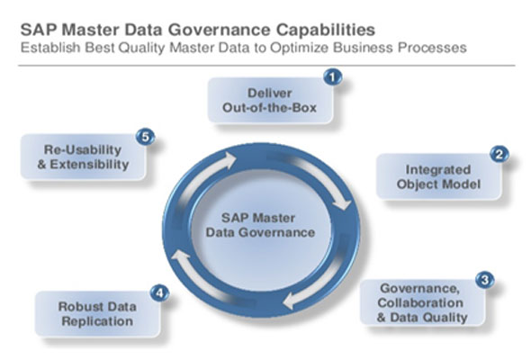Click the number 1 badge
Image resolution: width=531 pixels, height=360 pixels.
(x=333, y=77)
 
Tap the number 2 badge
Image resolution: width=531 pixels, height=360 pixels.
(x=499, y=154)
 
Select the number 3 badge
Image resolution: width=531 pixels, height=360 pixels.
(x=484, y=280)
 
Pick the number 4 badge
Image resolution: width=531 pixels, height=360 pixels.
(x=159, y=292)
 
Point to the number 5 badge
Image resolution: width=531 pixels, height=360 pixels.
(x=145, y=137)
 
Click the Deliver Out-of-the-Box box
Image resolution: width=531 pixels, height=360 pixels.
(x=270, y=100)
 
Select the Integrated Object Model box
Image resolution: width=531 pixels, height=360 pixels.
(x=438, y=176)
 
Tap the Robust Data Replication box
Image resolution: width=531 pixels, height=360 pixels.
(x=97, y=313)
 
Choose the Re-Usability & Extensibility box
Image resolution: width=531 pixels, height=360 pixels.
(x=84, y=157)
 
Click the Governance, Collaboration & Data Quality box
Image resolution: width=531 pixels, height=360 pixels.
(x=423, y=302)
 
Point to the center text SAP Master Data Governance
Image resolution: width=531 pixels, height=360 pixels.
(x=260, y=225)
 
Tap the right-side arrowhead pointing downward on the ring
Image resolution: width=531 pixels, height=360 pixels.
(x=342, y=202)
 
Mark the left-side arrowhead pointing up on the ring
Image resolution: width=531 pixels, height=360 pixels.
(x=181, y=256)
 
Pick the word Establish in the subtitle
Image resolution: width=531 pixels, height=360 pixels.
(x=50, y=48)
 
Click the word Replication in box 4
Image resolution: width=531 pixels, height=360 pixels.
(x=97, y=321)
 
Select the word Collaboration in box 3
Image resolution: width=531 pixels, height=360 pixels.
(x=420, y=302)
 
